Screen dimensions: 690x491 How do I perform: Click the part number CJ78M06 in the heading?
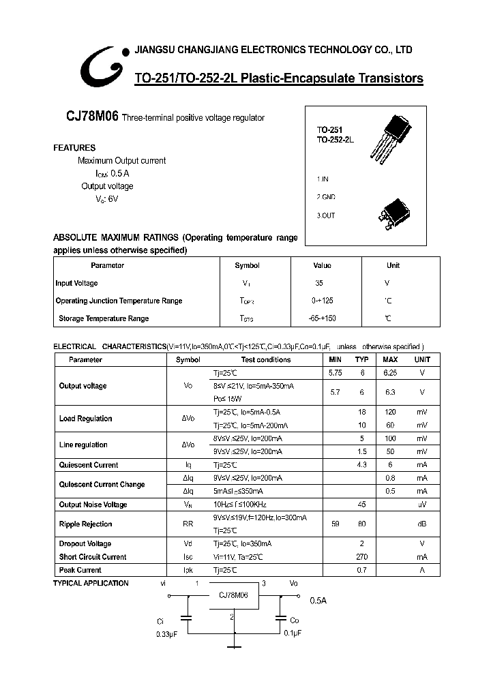tap(93, 117)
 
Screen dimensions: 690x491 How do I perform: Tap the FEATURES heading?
tap(74, 148)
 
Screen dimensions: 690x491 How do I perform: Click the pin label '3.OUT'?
tap(325, 215)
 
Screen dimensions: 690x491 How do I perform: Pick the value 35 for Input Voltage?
tap(319, 283)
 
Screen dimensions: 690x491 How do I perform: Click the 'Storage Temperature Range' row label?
tap(104, 318)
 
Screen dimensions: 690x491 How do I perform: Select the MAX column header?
tap(390, 359)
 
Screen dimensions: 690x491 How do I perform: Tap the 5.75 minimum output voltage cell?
tap(335, 372)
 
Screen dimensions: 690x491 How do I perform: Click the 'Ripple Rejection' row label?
tap(85, 524)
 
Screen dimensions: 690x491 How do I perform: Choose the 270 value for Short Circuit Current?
tap(362, 557)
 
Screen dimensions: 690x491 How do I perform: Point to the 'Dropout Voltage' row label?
tap(85, 544)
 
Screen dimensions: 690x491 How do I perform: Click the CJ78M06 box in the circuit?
tap(233, 595)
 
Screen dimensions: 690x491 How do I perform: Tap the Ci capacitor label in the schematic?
tap(160, 621)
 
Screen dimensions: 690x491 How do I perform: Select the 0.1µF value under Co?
tap(293, 633)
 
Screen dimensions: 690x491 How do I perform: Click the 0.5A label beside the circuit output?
tap(318, 601)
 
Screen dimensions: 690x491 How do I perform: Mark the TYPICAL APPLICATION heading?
tap(91, 583)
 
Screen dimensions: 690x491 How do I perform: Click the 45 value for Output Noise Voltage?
tap(362, 505)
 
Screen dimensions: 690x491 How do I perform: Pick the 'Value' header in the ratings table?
tap(322, 265)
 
